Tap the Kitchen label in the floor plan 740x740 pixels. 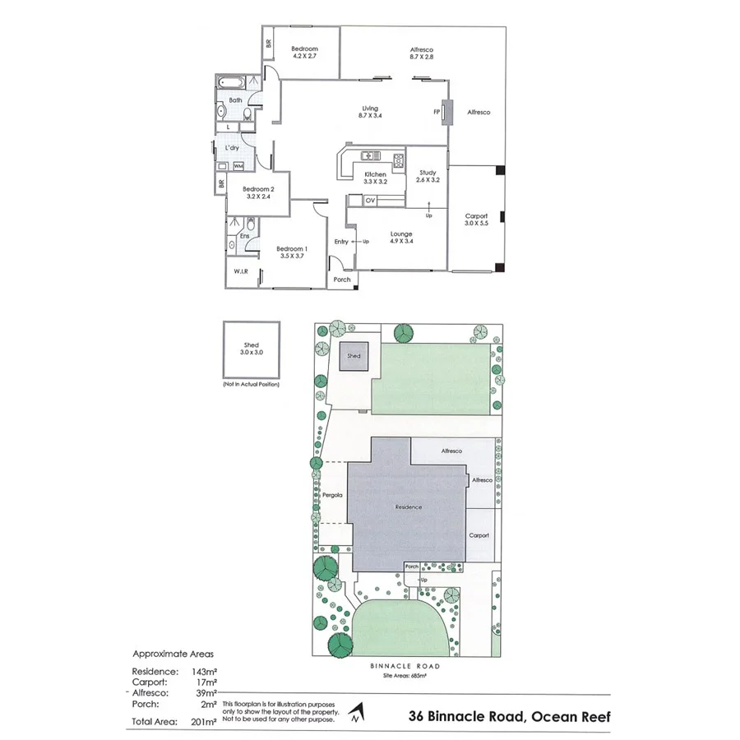pos(375,174)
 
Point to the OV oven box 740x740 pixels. pos(370,200)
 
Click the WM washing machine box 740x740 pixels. pos(238,166)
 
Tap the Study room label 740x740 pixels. pos(428,173)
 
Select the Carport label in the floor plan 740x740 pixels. pos(476,216)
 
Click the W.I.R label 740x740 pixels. pos(241,271)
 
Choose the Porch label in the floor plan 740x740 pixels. pos(342,280)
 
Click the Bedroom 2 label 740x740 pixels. pos(257,189)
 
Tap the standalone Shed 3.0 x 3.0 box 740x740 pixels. pos(252,349)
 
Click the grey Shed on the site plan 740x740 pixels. pos(354,358)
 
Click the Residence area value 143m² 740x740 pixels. pos(204,671)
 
